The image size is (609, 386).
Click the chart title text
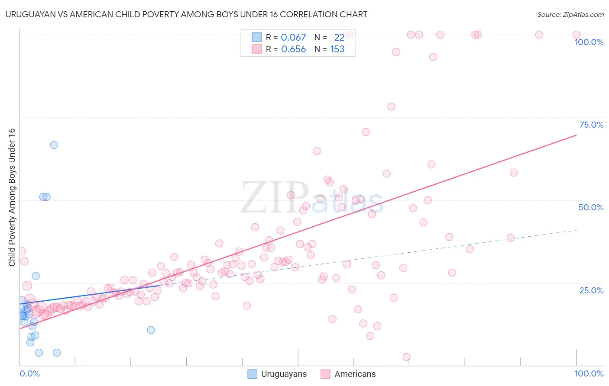pos(186,14)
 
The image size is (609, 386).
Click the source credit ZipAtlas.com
pos(570,14)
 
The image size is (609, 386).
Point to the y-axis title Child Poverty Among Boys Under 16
pos(12,197)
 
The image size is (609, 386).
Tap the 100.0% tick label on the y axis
pos(589,42)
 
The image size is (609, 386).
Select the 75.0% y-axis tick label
pos(591,125)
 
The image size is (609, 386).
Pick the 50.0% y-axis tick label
pos(591,207)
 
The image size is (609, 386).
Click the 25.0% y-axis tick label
pos(591,290)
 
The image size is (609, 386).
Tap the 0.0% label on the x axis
pos(29,373)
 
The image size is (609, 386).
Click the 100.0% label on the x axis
pos(589,373)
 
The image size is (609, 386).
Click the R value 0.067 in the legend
pos(293,38)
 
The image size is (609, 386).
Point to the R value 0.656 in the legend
pos(293,49)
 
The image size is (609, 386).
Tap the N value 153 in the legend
pos(337,49)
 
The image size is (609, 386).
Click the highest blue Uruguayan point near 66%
pos(54,145)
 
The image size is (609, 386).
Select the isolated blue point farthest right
pos(151,330)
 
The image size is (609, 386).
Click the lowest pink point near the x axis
pos(406,357)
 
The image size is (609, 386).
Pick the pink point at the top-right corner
pos(577,35)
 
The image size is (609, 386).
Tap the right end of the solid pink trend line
pos(576,135)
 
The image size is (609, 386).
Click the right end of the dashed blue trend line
pos(576,230)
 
